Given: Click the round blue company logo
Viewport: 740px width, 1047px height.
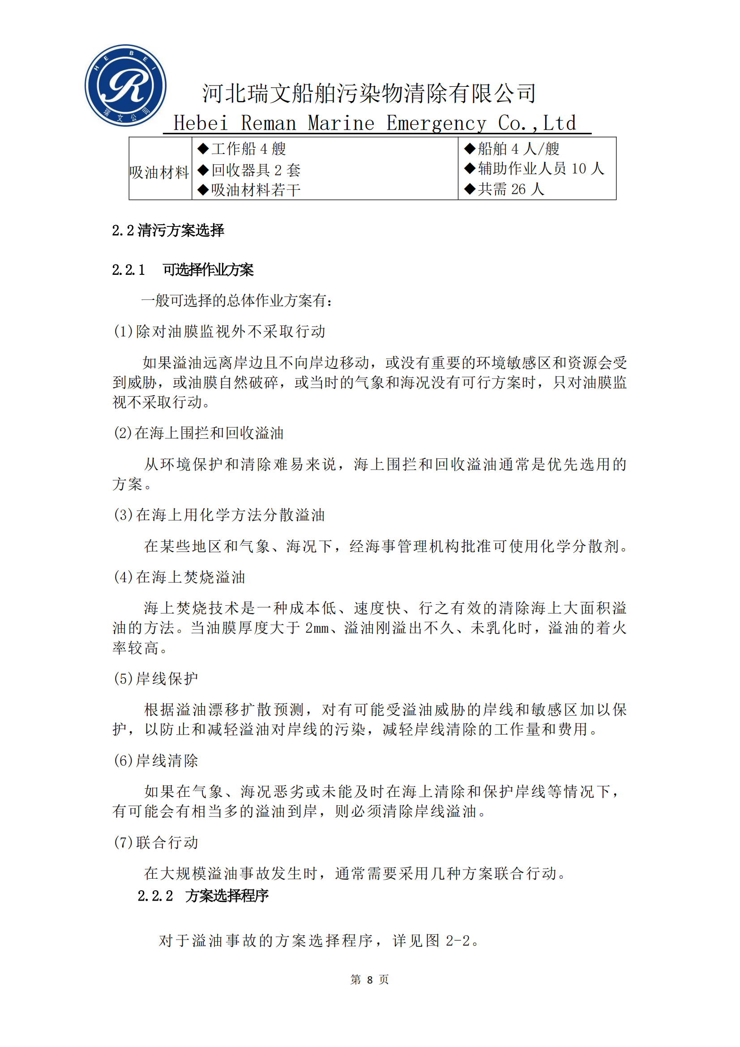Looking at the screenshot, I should (125, 85).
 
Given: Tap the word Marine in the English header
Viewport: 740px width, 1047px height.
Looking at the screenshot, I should (341, 123).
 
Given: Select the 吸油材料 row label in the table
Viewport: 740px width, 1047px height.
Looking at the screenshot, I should (159, 172).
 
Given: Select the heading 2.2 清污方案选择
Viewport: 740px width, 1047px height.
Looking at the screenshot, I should (168, 230).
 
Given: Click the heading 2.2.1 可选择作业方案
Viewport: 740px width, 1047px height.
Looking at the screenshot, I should (183, 270).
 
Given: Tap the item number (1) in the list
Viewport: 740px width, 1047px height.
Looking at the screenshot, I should (123, 332).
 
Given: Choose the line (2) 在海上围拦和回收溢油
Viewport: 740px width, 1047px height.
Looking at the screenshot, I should (198, 433).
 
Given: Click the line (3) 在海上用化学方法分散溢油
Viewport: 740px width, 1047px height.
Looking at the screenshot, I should (219, 515).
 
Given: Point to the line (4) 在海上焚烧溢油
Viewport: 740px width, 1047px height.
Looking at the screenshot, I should (179, 577).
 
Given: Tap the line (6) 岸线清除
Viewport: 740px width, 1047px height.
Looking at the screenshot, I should (155, 760).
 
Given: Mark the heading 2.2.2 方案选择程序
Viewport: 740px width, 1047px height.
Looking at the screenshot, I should (203, 896).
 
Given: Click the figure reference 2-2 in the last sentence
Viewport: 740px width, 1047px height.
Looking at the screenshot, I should (458, 940).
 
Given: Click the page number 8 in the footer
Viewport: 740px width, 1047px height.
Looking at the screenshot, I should (370, 979).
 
